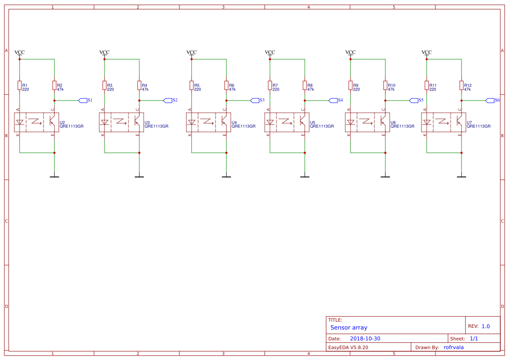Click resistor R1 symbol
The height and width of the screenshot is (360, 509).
click(20, 85)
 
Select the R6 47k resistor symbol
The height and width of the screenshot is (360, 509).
click(226, 85)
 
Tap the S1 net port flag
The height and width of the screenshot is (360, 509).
click(83, 101)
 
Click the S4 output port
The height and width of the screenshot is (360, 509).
click(333, 101)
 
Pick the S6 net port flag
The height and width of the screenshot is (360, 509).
click(490, 101)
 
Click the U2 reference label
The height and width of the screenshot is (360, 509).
click(62, 123)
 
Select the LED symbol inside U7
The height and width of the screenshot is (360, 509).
click(427, 122)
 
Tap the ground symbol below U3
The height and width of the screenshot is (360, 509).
click(139, 176)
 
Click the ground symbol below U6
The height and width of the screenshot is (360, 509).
click(385, 176)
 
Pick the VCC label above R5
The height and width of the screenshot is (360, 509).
click(192, 52)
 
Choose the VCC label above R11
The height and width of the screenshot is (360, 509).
click(427, 52)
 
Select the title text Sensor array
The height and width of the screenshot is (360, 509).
click(349, 327)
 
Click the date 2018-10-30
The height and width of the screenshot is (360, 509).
click(365, 339)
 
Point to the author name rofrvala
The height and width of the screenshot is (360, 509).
click(453, 347)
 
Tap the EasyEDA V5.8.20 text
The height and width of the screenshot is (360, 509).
click(348, 347)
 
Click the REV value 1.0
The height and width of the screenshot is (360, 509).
click(485, 326)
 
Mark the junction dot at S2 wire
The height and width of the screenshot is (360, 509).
click(139, 101)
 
